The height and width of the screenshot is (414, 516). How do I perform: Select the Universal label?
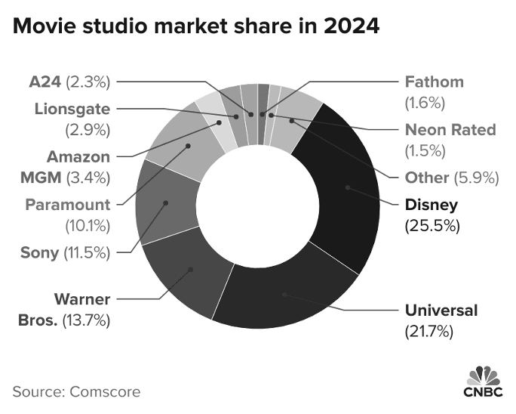point(441,310)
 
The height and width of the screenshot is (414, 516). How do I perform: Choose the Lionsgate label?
point(72,109)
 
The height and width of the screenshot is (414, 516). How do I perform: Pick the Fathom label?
point(434,82)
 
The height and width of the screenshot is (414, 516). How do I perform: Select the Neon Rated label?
point(450,129)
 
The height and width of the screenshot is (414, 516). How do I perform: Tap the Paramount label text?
point(67,205)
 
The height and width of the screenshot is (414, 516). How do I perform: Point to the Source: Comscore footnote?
point(76,391)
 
